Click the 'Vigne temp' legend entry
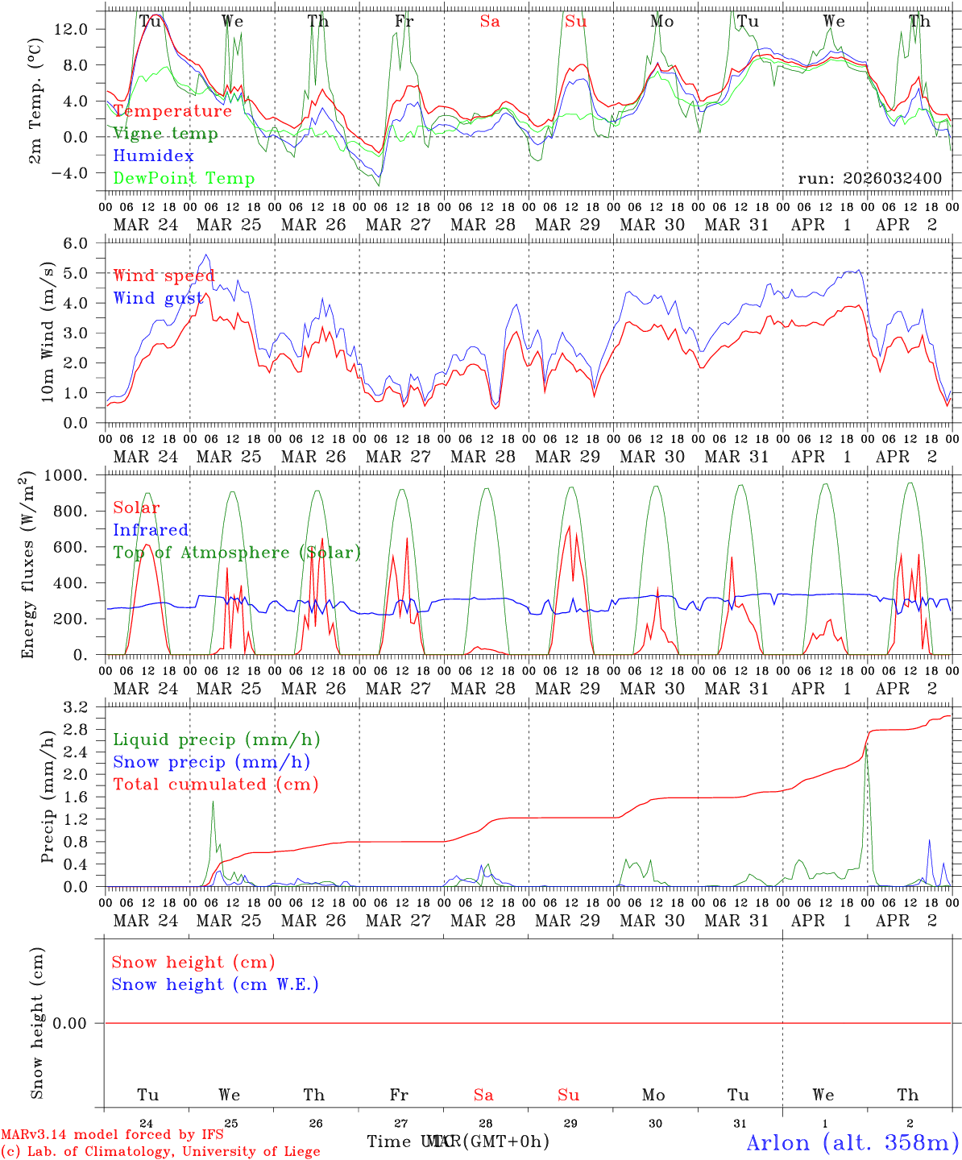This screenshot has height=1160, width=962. click(x=165, y=134)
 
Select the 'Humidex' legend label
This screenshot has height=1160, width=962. click(x=153, y=156)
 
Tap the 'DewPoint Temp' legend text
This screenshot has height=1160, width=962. click(x=184, y=179)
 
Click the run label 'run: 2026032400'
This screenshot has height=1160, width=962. click(x=869, y=179)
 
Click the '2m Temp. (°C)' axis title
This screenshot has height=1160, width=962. click(x=36, y=101)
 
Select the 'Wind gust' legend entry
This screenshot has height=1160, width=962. click(x=158, y=299)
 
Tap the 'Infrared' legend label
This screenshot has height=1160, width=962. click(x=151, y=530)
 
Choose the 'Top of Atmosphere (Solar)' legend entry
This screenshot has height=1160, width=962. click(x=237, y=553)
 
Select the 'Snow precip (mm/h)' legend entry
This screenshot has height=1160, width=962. click(x=211, y=762)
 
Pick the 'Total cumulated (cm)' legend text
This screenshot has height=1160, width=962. click(x=215, y=785)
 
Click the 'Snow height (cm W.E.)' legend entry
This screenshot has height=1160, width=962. click(x=215, y=984)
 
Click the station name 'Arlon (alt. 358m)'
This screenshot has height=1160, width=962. click(x=852, y=1142)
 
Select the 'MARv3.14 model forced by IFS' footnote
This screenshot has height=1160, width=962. click(x=112, y=1135)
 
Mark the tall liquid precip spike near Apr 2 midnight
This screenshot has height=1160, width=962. click(x=866, y=753)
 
